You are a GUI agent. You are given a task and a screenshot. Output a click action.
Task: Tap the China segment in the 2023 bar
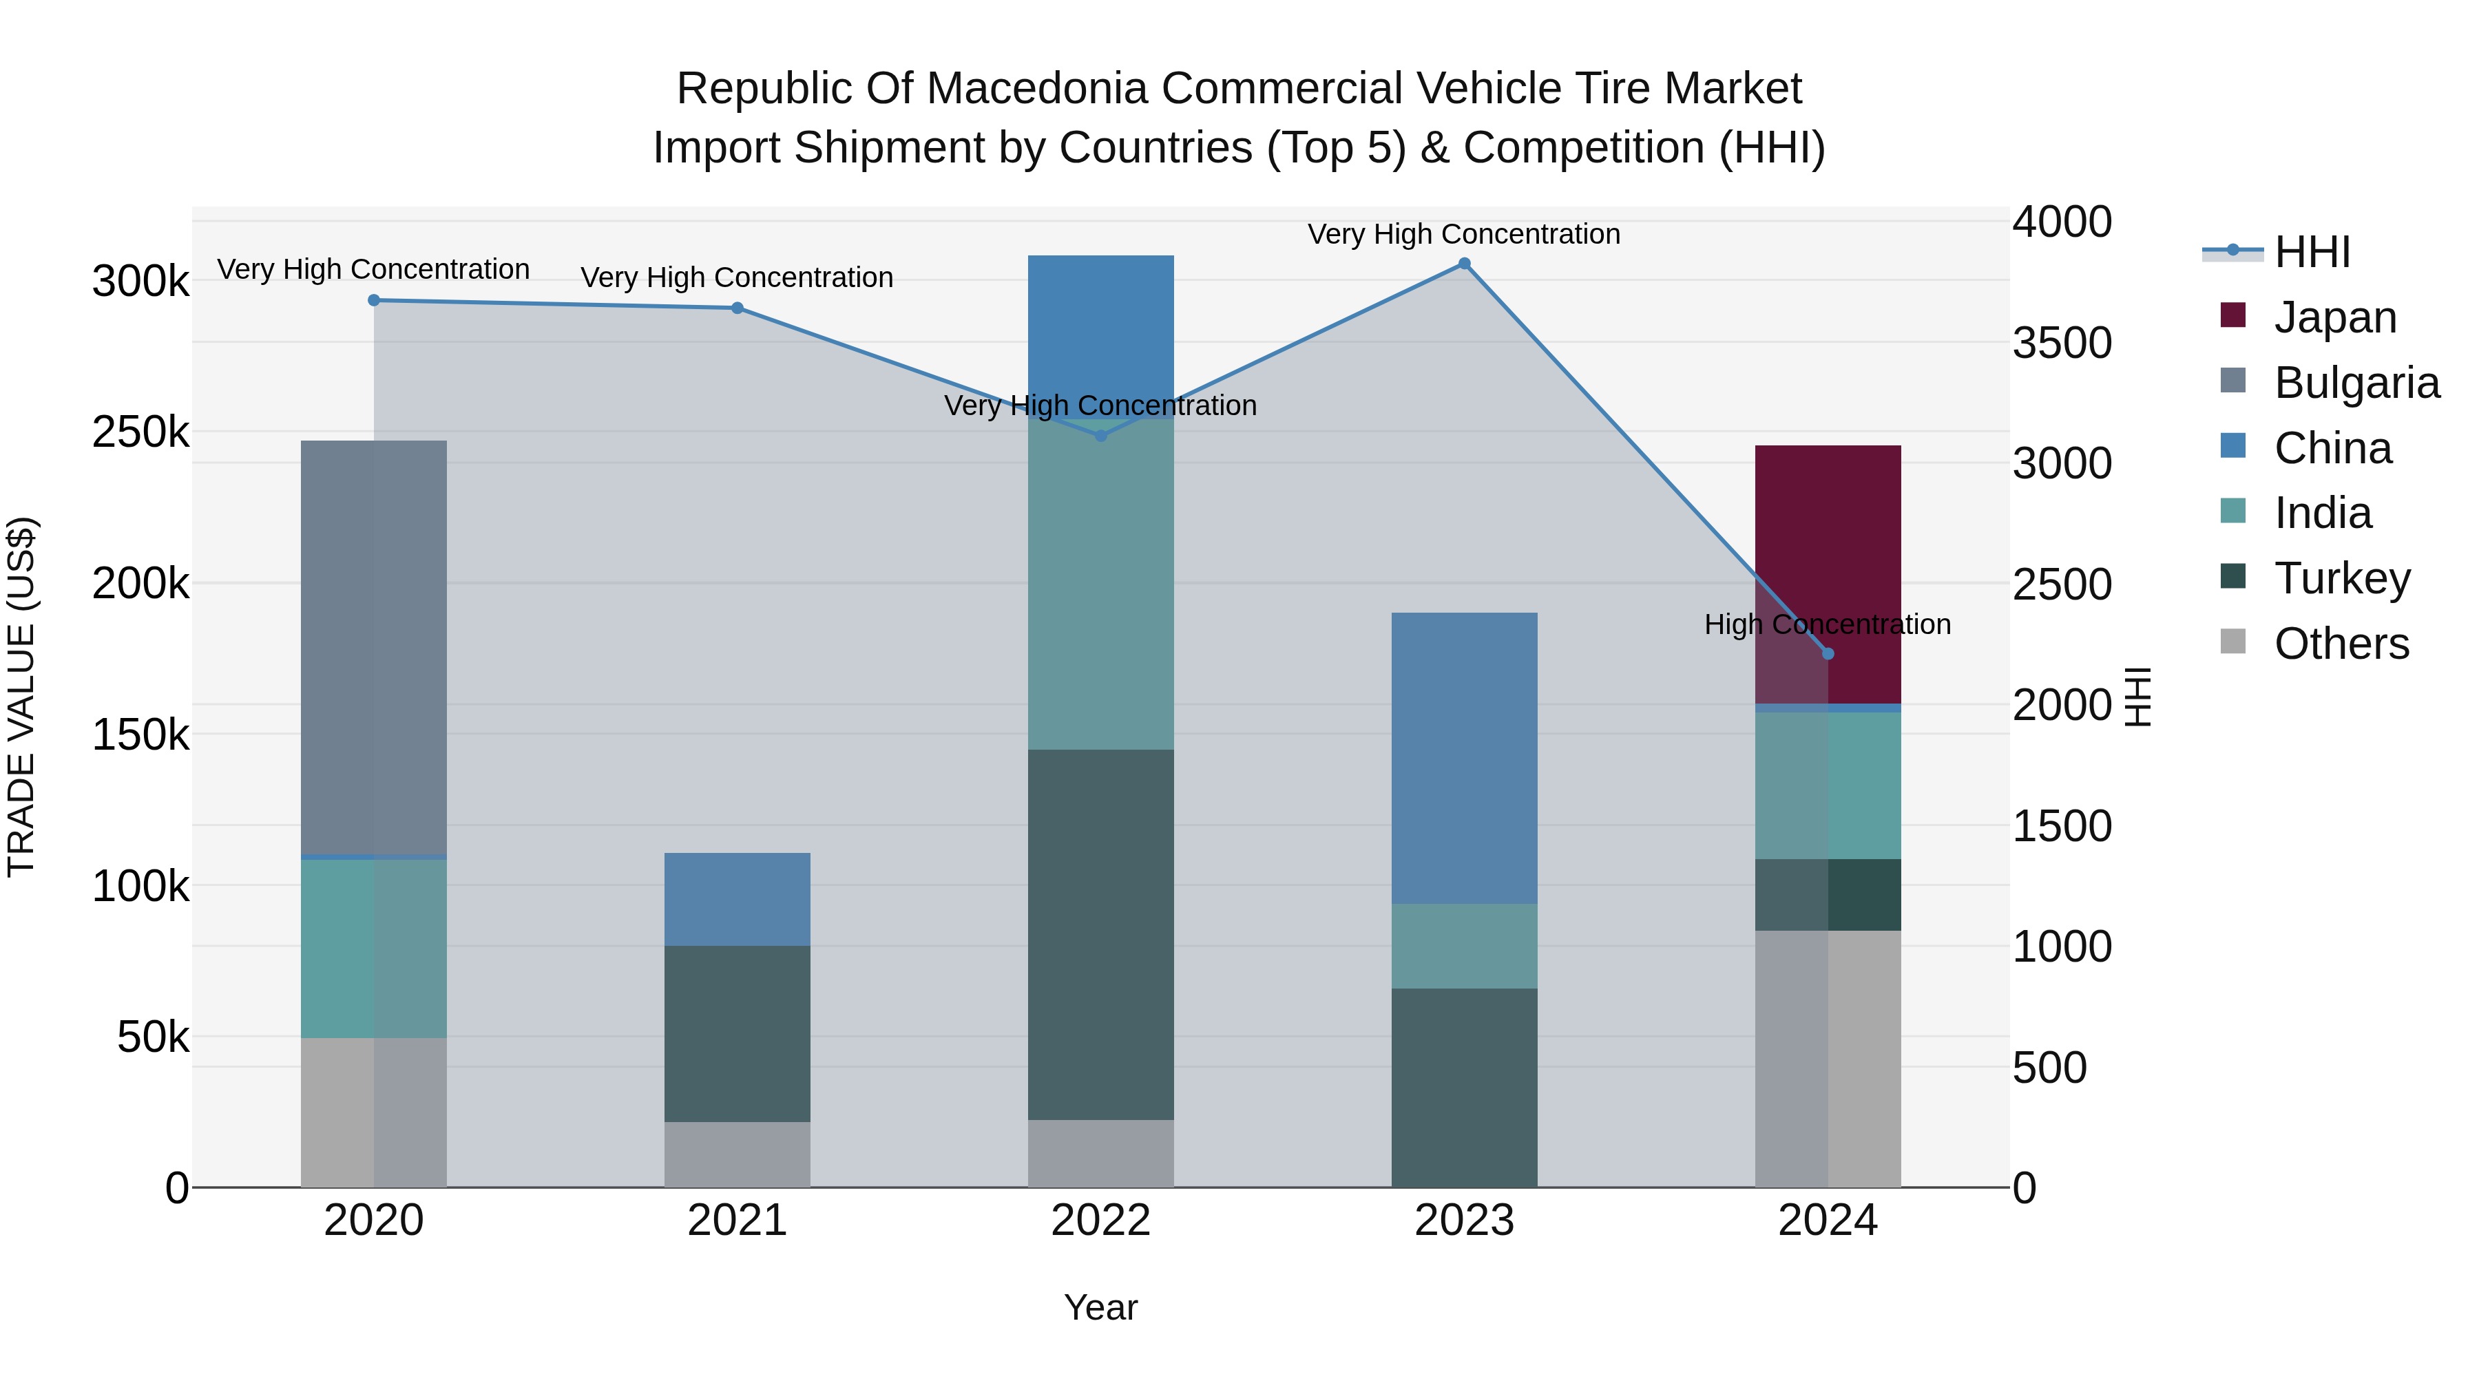point(1464,757)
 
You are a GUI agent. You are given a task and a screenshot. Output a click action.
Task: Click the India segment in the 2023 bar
point(1464,946)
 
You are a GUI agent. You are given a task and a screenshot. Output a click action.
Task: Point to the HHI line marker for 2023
point(1464,264)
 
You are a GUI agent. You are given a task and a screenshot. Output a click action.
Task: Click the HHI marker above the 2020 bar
point(373,300)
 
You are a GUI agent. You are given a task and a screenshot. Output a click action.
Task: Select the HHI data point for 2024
point(1828,654)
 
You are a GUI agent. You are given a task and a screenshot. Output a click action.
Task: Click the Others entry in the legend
point(2341,644)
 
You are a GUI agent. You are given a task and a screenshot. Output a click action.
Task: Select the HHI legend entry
point(2312,252)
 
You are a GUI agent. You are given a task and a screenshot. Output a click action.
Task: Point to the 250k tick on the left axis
point(140,432)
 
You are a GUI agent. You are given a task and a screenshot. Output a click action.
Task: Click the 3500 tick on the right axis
point(2061,343)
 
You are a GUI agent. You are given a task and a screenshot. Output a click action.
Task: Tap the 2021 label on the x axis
point(737,1221)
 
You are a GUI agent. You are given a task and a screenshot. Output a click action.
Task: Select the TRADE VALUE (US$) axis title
point(22,697)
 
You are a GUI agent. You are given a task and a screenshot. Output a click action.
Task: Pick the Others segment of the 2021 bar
point(737,1154)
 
